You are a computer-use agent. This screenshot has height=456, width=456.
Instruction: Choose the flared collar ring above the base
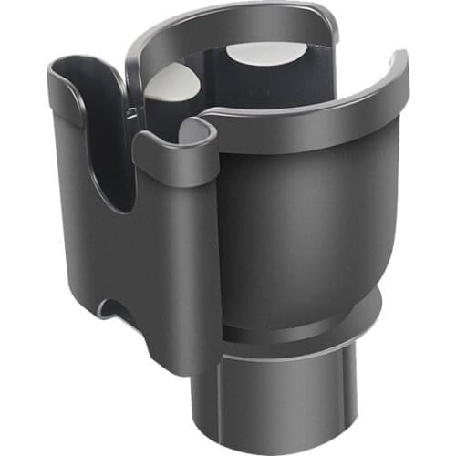click(301, 324)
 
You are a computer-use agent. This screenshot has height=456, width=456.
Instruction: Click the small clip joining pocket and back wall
click(134, 110)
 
